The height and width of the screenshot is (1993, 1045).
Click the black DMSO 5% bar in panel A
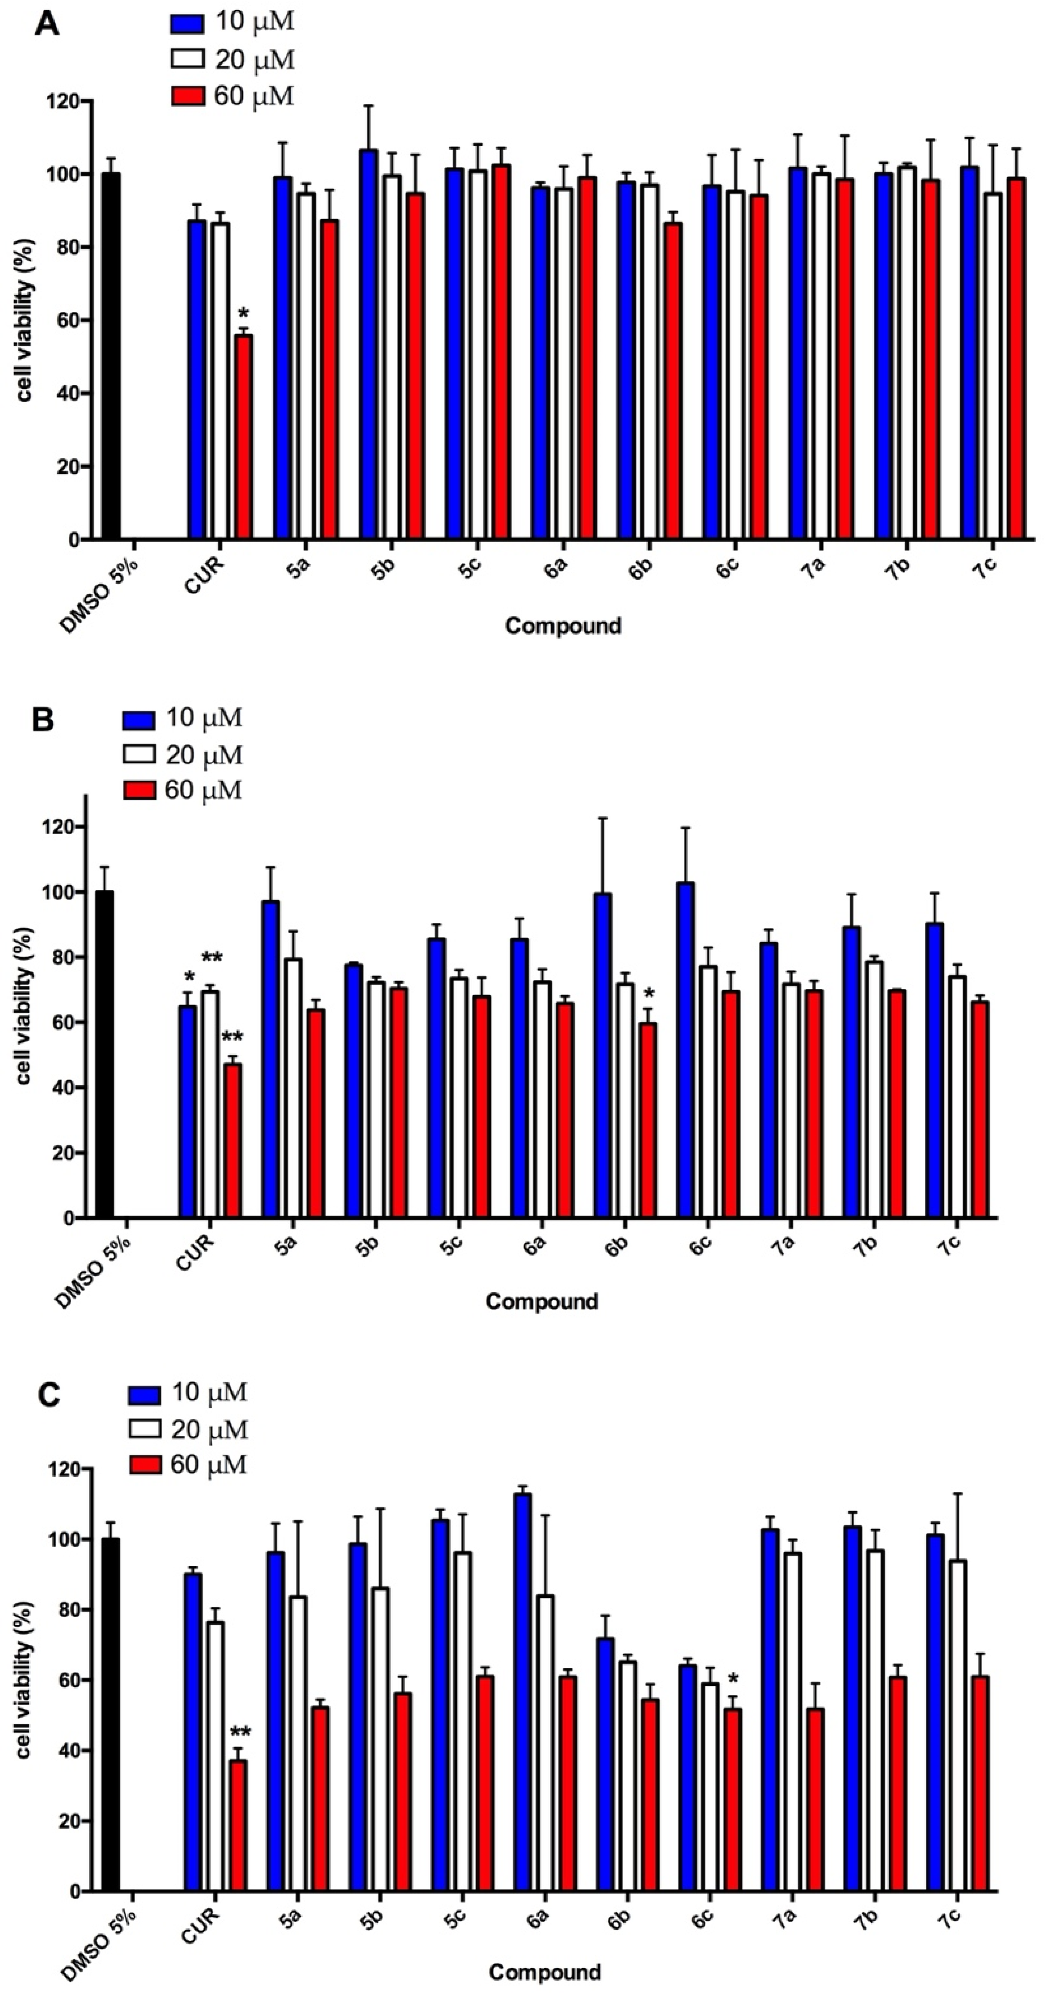tap(111, 356)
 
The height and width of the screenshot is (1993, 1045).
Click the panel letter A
tap(46, 25)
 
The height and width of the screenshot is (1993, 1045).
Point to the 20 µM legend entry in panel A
tap(232, 60)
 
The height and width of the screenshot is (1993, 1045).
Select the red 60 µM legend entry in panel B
tap(182, 790)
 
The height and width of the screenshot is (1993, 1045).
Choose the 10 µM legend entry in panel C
tap(188, 1393)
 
